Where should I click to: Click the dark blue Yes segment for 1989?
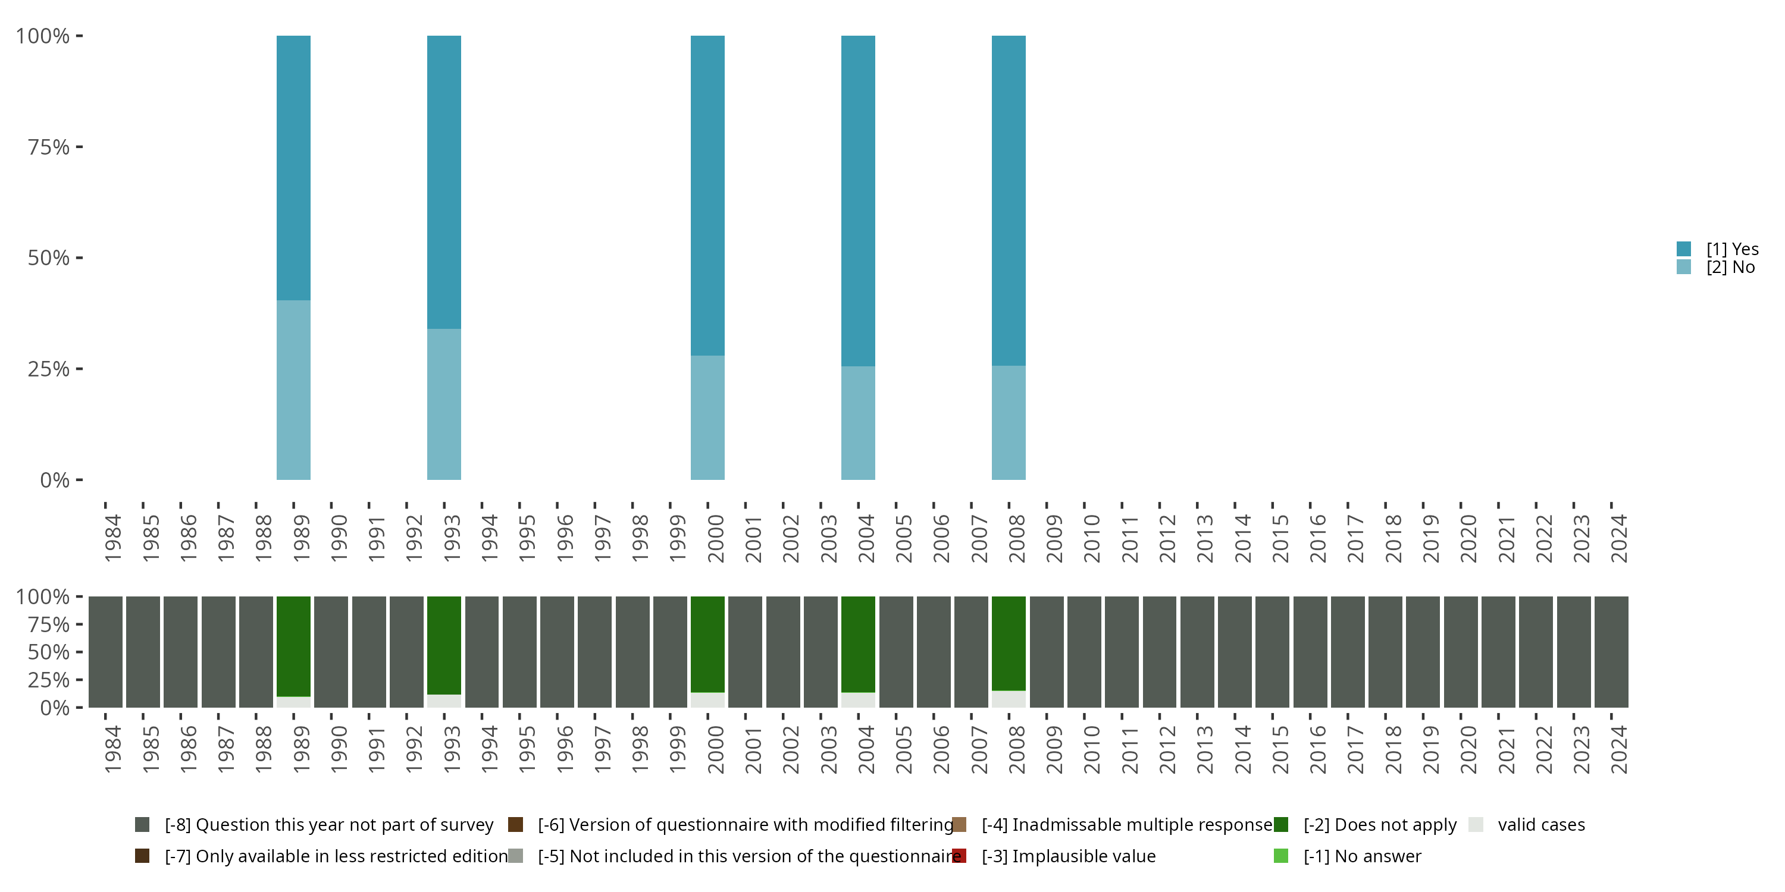point(293,168)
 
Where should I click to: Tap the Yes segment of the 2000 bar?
point(707,195)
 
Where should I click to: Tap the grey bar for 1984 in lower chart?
point(105,652)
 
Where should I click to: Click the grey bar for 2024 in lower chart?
point(1611,652)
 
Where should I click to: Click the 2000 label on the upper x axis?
point(716,538)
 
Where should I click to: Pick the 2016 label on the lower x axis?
point(1318,749)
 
